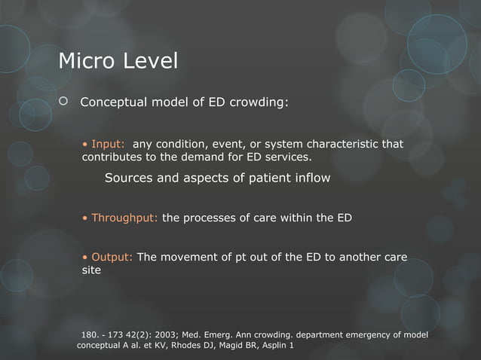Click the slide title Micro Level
[x=118, y=60]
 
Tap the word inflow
[x=311, y=178]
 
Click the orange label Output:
[x=112, y=257]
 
